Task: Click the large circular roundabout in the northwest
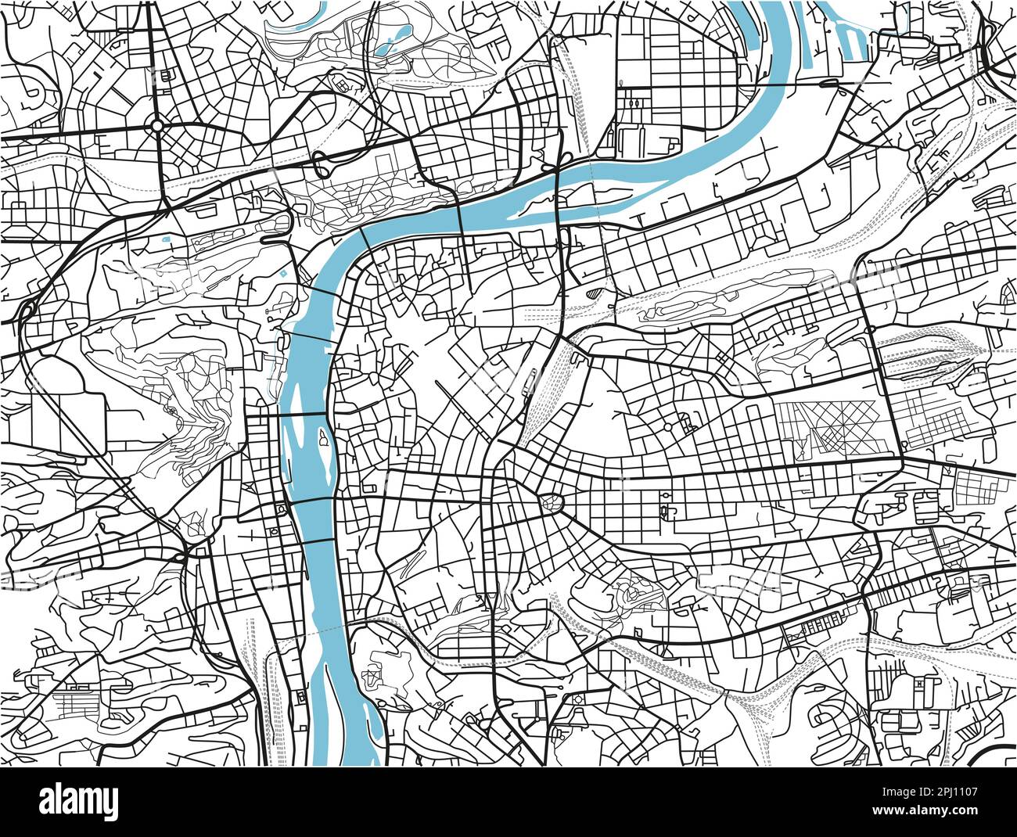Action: click(x=157, y=124)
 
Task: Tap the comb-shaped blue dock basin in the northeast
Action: click(x=849, y=35)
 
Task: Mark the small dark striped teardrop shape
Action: click(x=596, y=293)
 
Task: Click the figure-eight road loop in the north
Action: click(x=322, y=164)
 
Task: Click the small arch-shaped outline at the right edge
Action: click(x=1008, y=293)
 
